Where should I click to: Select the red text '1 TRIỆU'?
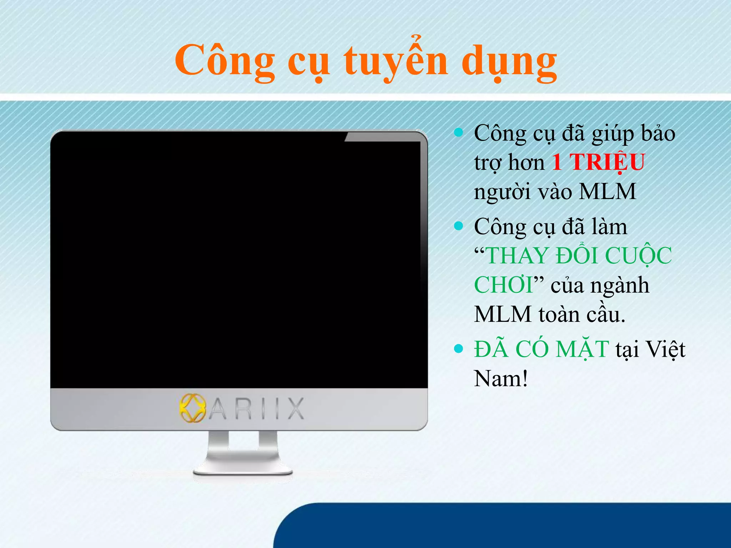click(599, 162)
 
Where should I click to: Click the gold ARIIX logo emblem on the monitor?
click(193, 408)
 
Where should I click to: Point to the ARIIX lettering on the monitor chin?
click(256, 409)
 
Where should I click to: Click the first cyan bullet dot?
click(458, 133)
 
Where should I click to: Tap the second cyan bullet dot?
click(458, 226)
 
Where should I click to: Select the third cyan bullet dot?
click(458, 349)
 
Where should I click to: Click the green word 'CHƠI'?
click(503, 285)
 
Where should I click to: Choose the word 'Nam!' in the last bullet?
click(501, 379)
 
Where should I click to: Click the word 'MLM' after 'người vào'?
click(607, 192)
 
